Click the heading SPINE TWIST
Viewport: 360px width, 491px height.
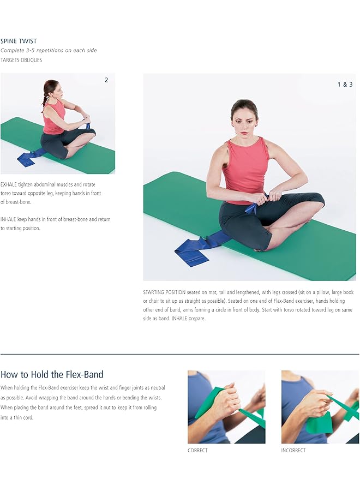19,41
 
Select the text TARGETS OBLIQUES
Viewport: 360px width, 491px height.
21,60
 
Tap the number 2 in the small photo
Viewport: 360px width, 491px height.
106,80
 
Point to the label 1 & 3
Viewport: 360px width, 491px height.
345,85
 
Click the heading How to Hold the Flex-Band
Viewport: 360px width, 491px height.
52,374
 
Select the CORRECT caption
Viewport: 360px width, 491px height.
197,450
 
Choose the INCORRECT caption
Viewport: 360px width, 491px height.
293,450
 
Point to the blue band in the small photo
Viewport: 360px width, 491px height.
27,158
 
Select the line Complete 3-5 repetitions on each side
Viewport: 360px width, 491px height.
49,50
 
